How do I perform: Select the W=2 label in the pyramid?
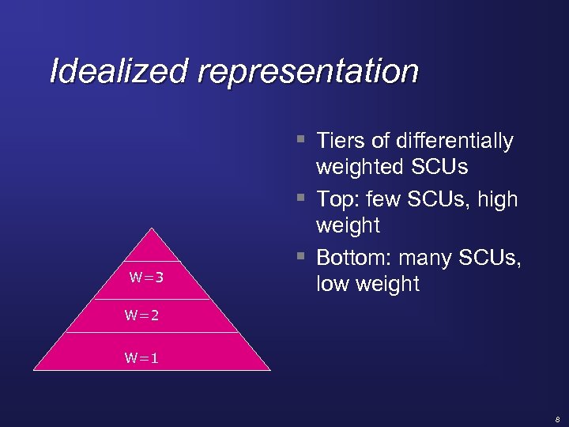click(x=141, y=316)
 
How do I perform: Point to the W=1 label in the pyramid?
click(x=141, y=357)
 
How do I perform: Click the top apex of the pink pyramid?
click(x=152, y=229)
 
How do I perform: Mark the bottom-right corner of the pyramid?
click(x=269, y=370)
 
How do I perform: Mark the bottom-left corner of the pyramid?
click(x=34, y=370)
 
